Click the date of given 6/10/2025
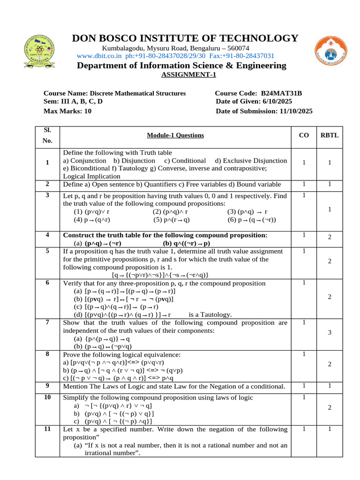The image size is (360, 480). (x=275, y=102)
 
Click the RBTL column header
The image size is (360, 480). (x=329, y=135)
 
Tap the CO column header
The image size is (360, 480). (x=304, y=135)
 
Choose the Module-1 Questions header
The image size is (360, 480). (x=175, y=135)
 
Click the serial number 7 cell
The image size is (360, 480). (x=47, y=322)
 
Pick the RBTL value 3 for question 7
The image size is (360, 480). (x=330, y=332)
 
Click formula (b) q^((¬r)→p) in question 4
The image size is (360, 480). (x=187, y=244)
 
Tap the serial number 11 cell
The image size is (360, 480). (x=47, y=429)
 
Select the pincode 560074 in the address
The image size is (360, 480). (x=238, y=48)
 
